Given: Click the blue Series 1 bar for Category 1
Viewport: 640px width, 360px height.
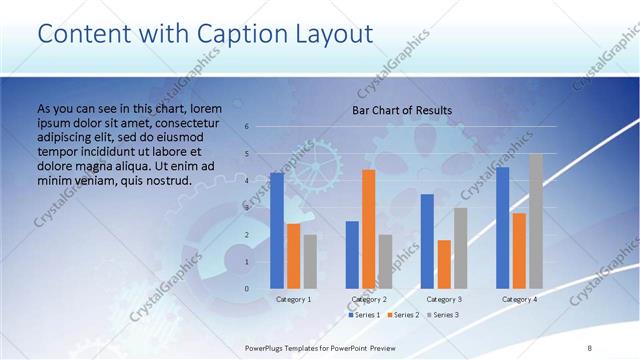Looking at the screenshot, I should (x=277, y=231).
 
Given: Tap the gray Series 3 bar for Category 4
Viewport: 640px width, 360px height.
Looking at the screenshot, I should (x=536, y=221).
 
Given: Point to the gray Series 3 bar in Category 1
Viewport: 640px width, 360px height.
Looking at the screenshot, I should (x=310, y=262).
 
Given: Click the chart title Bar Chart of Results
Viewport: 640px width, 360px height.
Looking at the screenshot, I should (x=402, y=110).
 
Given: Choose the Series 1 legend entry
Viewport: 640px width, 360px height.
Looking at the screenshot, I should (x=364, y=315).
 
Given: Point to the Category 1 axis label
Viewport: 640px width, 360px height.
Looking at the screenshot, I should (x=293, y=299).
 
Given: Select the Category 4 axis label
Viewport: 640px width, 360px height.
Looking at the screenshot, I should (x=519, y=299).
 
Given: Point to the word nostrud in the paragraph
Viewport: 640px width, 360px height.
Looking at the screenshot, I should (x=161, y=181).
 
